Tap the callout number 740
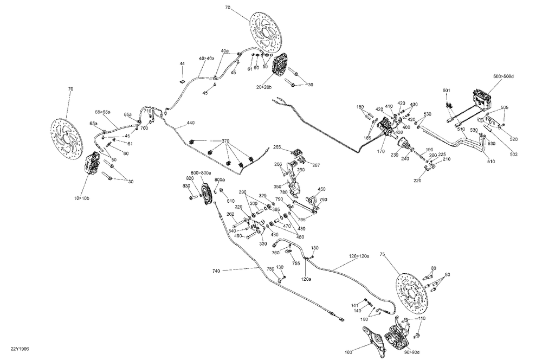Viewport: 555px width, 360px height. coord(216,271)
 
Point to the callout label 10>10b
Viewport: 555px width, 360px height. coord(82,198)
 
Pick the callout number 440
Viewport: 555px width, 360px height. coord(190,123)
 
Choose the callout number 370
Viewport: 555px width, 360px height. coord(226,142)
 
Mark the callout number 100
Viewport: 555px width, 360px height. coord(349,352)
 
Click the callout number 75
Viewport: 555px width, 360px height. coord(382,254)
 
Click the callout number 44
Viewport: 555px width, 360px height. coord(182,63)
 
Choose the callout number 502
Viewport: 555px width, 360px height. coord(514,155)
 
